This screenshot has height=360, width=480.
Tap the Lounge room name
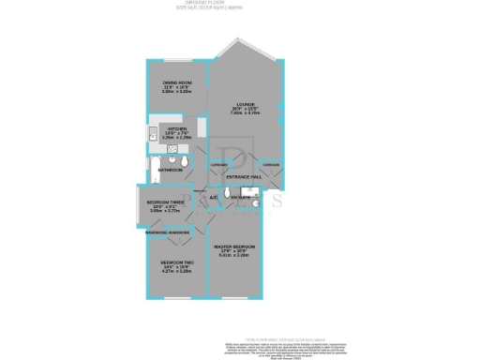[x=246, y=104]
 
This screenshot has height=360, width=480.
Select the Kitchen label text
[x=177, y=128]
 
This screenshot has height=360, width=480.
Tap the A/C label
[x=213, y=198]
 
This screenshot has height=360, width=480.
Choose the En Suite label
[x=240, y=198]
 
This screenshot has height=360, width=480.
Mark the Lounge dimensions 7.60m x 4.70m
[x=246, y=114]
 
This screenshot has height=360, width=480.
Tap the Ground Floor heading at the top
[x=240, y=5]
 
